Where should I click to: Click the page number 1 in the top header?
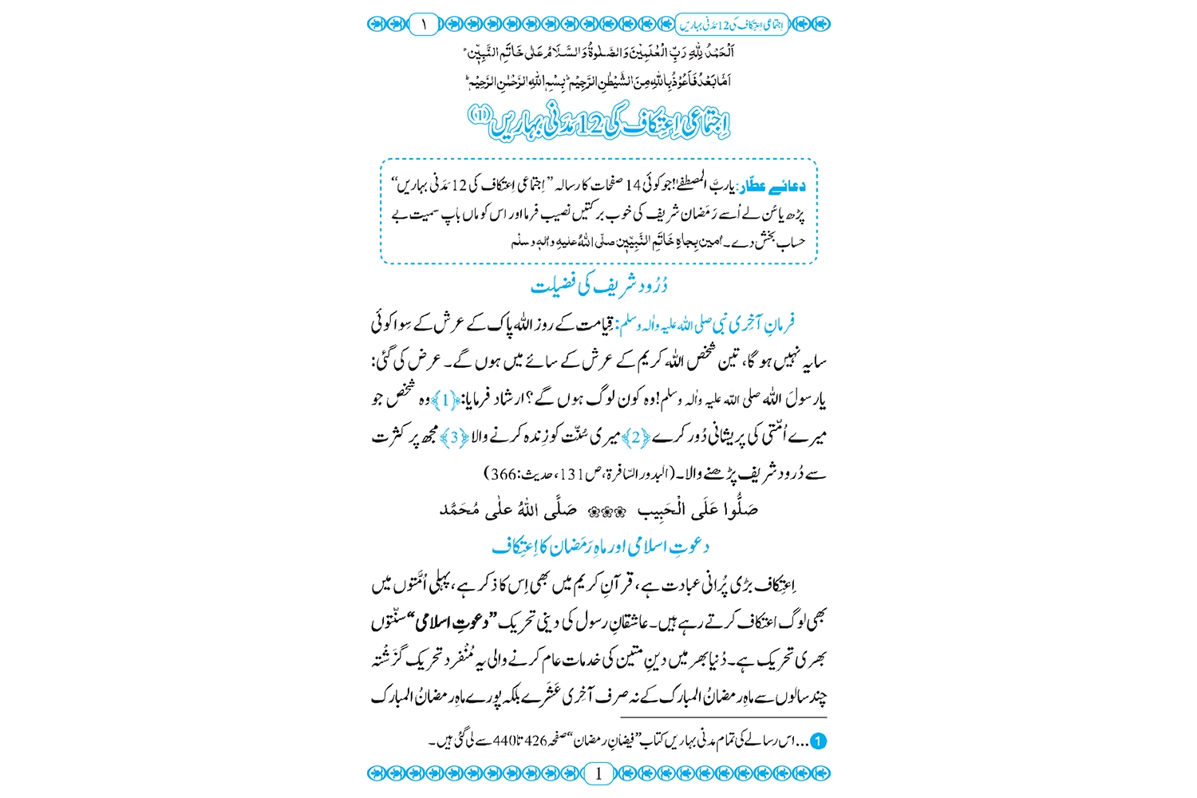click(x=424, y=24)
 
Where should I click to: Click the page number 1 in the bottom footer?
click(x=598, y=772)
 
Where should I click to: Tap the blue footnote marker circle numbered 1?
click(x=818, y=741)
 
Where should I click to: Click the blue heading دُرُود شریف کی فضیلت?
click(x=598, y=285)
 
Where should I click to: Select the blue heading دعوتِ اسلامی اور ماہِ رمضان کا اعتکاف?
click(x=600, y=547)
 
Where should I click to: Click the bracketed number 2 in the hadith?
click(x=636, y=437)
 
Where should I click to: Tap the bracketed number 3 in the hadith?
click(x=455, y=437)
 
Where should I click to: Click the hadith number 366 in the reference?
click(x=504, y=474)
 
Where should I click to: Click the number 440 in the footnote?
click(x=505, y=741)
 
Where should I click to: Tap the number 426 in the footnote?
click(x=535, y=741)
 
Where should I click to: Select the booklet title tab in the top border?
click(x=732, y=24)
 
